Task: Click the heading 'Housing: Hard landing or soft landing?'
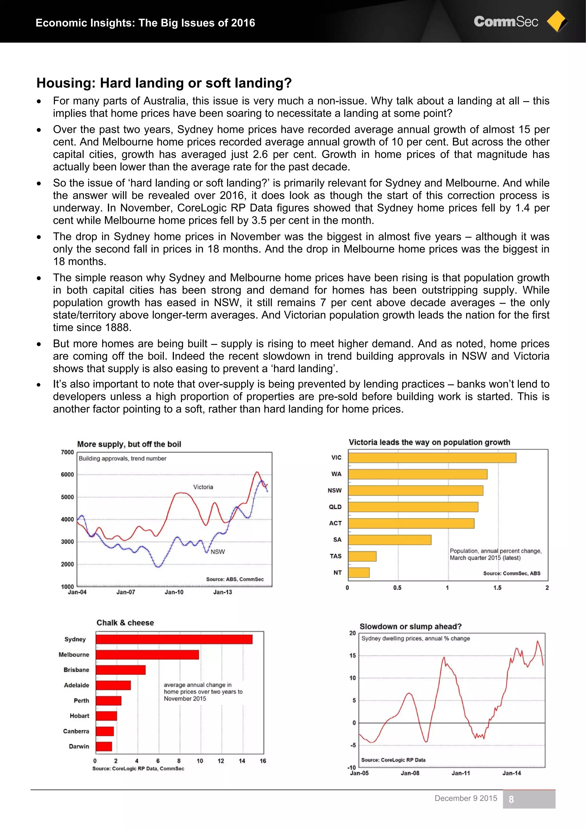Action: click(x=164, y=83)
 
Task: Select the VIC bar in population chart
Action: click(x=432, y=458)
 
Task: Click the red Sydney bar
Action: click(x=174, y=639)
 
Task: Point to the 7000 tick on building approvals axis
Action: click(x=67, y=452)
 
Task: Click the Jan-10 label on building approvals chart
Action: click(x=174, y=592)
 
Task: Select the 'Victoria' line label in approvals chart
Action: click(x=203, y=487)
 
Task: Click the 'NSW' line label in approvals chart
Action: click(x=217, y=552)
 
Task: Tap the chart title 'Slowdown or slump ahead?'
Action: click(x=411, y=627)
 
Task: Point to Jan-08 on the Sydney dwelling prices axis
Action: click(x=410, y=773)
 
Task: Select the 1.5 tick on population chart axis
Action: click(x=497, y=588)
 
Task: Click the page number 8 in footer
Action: click(x=511, y=799)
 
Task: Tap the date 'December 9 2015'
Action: click(x=466, y=798)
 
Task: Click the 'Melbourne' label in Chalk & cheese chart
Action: click(x=74, y=655)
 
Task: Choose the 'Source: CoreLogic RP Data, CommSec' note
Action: click(x=138, y=769)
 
